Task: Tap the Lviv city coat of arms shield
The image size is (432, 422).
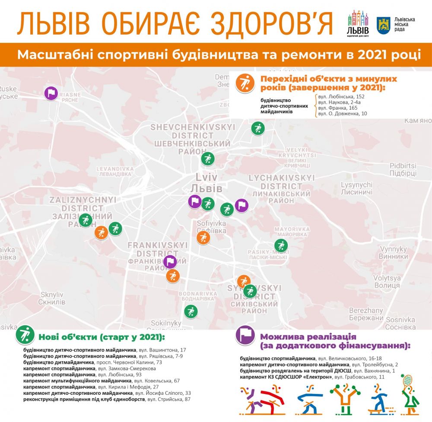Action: (x=383, y=25)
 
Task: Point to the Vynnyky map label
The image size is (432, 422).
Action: (x=393, y=253)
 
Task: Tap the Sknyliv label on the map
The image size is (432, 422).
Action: (x=51, y=298)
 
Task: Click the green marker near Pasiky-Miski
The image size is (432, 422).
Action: (x=281, y=245)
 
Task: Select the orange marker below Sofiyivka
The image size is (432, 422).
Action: (x=203, y=237)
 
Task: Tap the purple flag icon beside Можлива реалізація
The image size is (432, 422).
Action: (x=244, y=334)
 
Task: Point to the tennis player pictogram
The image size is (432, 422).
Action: (x=409, y=394)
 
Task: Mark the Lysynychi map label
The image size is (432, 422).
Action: (x=356, y=187)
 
